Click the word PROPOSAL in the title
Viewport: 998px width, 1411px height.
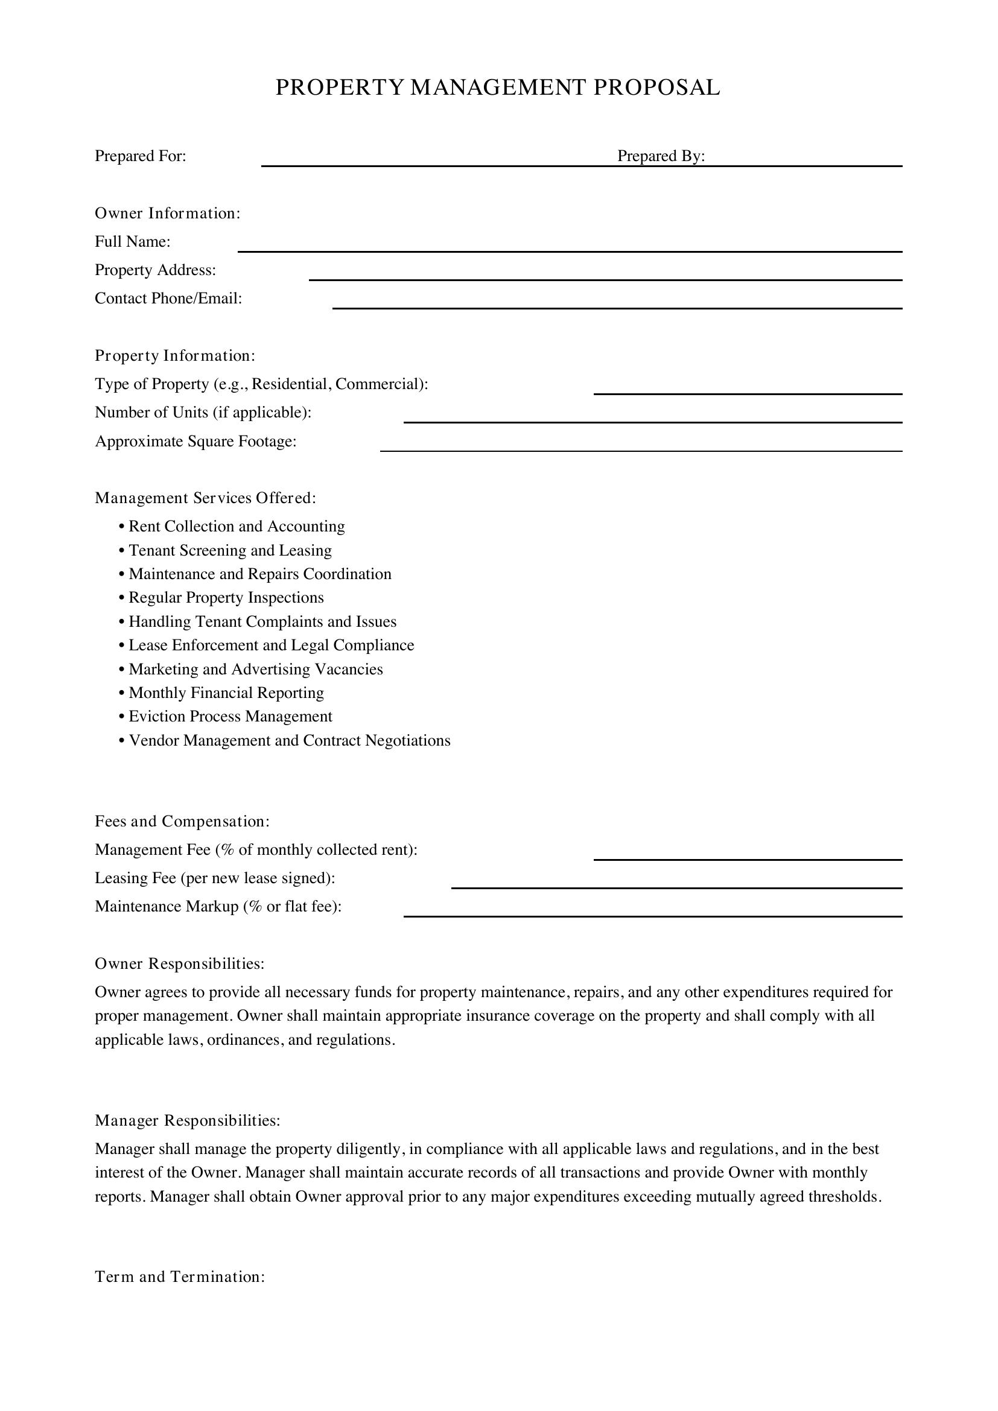656,88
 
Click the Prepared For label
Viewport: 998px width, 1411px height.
140,156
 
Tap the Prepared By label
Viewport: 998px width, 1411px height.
661,156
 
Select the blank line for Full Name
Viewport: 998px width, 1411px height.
569,251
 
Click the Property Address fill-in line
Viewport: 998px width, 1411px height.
605,279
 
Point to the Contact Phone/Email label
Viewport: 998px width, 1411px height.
168,299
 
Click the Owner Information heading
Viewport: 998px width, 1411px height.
167,213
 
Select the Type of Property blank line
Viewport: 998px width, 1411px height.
747,393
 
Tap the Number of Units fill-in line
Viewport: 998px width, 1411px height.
652,422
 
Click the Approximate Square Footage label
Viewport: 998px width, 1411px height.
195,442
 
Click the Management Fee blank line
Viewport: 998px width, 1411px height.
747,859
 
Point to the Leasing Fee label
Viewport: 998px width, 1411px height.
214,878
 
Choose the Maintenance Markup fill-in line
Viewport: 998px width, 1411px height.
652,916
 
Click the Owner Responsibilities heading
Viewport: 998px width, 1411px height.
179,963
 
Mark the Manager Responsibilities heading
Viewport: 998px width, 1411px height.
188,1121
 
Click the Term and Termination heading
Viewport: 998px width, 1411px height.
179,1277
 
